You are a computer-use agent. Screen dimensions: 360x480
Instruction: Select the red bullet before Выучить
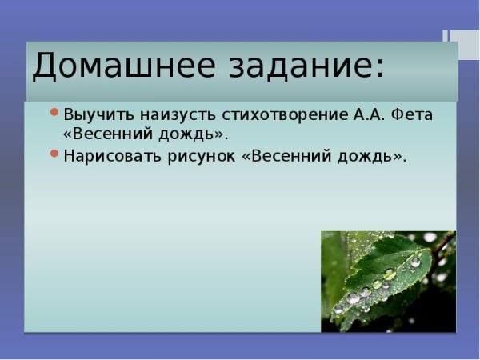click(54, 112)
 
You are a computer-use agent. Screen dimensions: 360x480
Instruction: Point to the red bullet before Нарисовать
click(54, 154)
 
